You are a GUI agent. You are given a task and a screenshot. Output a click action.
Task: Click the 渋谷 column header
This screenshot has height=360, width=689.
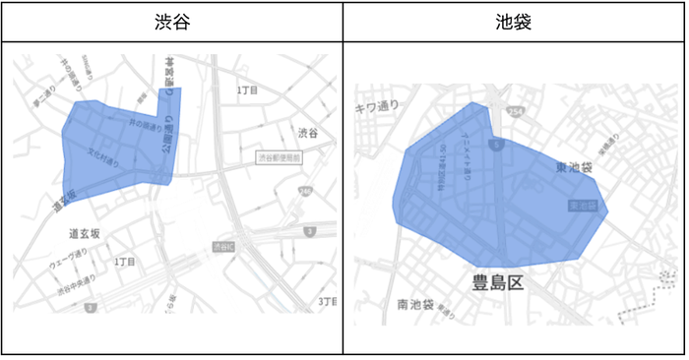pyautogui.click(x=171, y=22)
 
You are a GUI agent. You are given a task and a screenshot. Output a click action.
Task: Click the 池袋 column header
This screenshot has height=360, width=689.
pyautogui.click(x=514, y=22)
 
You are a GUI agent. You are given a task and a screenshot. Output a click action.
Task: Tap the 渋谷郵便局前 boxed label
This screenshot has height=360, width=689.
pyautogui.click(x=280, y=156)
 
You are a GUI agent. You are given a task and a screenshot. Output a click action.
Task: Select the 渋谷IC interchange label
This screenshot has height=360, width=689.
pyautogui.click(x=223, y=246)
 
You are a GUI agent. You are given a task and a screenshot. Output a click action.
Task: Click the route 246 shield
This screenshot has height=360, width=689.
pyautogui.click(x=306, y=191)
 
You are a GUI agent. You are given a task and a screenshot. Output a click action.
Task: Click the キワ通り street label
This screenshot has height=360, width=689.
pyautogui.click(x=376, y=106)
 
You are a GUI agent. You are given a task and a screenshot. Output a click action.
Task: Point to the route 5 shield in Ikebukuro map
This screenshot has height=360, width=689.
pyautogui.click(x=500, y=145)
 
